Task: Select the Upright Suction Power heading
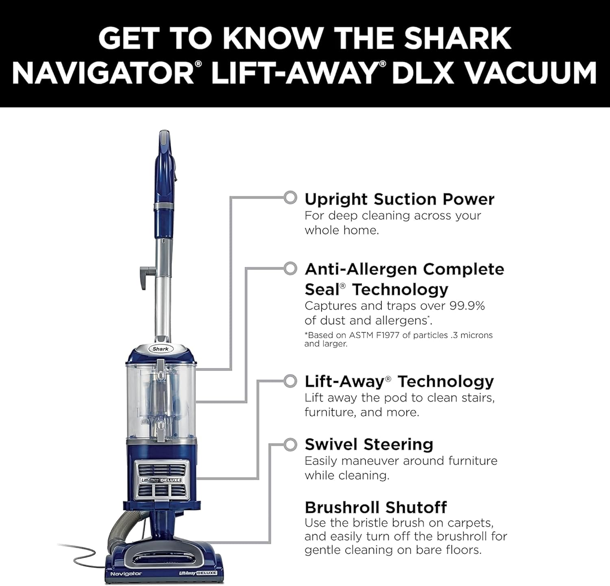pos(399,199)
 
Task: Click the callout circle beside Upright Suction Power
pos(290,198)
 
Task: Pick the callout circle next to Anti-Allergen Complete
pos(290,269)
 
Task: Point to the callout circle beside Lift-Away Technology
pos(290,381)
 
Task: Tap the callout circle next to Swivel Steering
pos(290,445)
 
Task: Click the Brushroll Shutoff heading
pos(375,508)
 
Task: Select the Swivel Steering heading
pos(369,445)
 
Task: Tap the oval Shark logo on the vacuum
pos(161,349)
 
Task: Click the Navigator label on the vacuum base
pos(126,573)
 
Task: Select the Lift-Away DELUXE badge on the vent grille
pos(161,480)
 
